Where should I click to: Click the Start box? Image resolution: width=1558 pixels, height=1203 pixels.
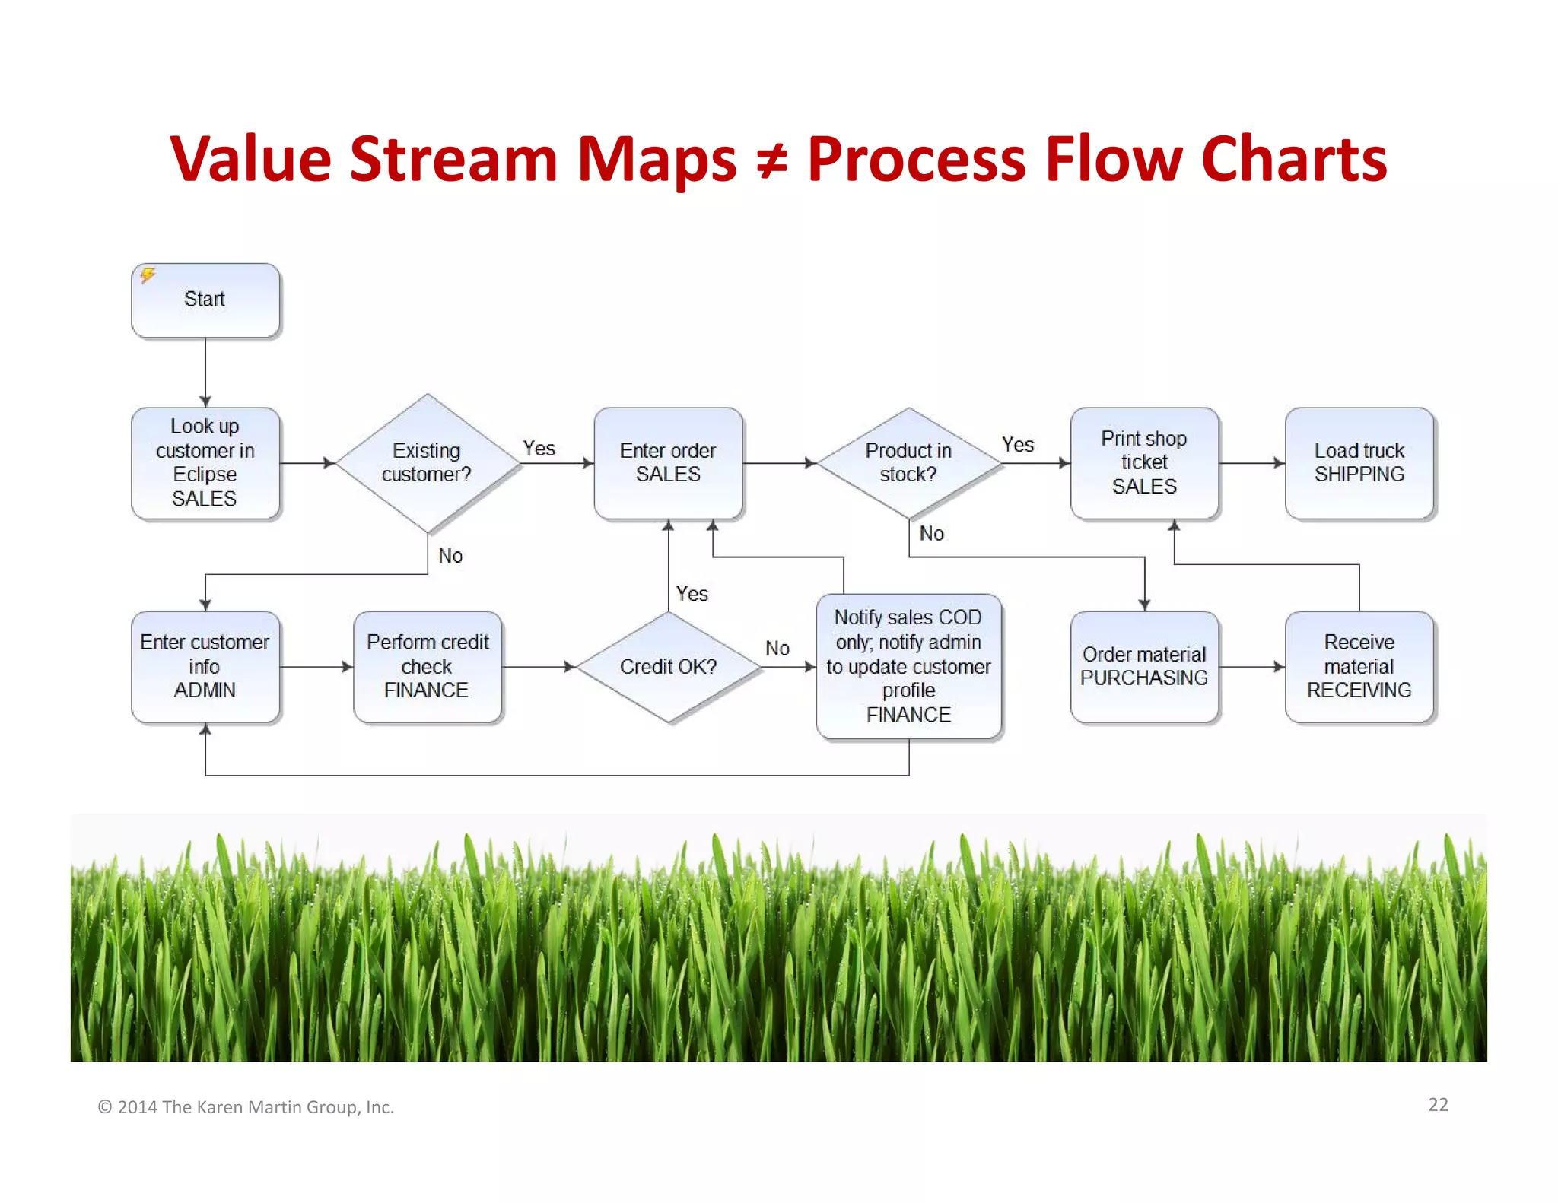click(x=205, y=300)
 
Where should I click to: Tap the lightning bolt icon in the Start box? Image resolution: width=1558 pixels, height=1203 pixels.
click(x=148, y=275)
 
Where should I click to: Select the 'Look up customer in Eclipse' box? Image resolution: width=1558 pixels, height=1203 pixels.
click(x=205, y=462)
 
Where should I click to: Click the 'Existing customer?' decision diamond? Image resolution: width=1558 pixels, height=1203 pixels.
click(x=427, y=462)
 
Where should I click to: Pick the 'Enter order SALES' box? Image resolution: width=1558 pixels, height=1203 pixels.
click(x=668, y=462)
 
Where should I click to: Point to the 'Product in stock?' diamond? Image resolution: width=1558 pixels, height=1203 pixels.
click(x=908, y=462)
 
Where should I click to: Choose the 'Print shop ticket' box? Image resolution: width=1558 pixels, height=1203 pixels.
click(x=1144, y=462)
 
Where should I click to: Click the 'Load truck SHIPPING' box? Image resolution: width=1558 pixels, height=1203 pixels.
click(x=1359, y=462)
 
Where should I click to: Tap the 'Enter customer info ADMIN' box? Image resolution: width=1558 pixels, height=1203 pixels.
click(x=205, y=666)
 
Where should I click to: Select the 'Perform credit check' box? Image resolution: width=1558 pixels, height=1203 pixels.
click(x=427, y=666)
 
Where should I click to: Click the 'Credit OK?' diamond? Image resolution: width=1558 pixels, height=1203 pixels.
click(x=668, y=666)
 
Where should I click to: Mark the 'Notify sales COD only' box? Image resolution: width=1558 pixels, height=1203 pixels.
click(x=908, y=666)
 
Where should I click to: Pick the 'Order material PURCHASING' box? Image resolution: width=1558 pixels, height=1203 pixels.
click(x=1144, y=666)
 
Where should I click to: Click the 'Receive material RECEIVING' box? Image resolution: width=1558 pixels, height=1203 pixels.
click(x=1359, y=666)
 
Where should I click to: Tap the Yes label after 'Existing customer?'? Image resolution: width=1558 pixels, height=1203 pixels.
click(x=539, y=449)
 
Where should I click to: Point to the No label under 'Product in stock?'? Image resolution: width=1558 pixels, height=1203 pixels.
click(x=931, y=534)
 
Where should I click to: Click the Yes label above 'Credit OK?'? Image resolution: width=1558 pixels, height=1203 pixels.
click(x=692, y=594)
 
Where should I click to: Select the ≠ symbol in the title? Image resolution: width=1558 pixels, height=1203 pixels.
click(x=771, y=161)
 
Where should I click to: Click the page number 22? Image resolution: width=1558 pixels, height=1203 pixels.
click(x=1438, y=1105)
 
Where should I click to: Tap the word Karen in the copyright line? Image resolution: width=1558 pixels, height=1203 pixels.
click(x=224, y=1107)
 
